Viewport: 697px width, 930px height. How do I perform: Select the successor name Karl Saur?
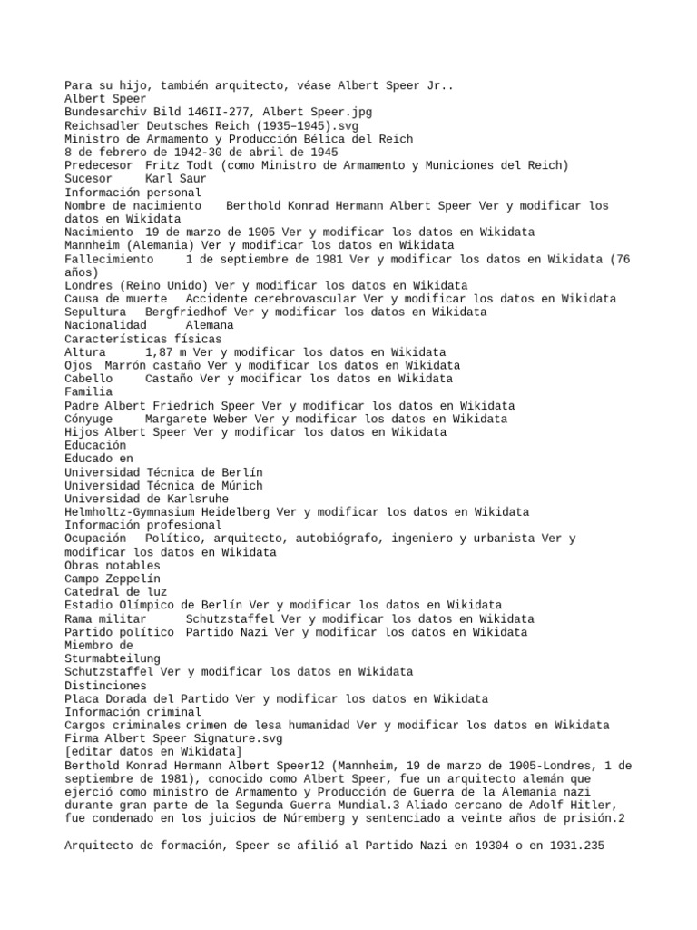pos(175,179)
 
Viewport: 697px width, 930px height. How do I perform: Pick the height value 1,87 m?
pos(172,352)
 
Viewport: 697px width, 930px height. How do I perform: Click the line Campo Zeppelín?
pos(113,579)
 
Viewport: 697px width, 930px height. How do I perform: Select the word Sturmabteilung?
pos(113,658)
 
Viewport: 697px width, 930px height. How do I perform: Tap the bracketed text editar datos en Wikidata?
pos(153,752)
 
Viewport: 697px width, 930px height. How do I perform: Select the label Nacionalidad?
pos(106,325)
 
